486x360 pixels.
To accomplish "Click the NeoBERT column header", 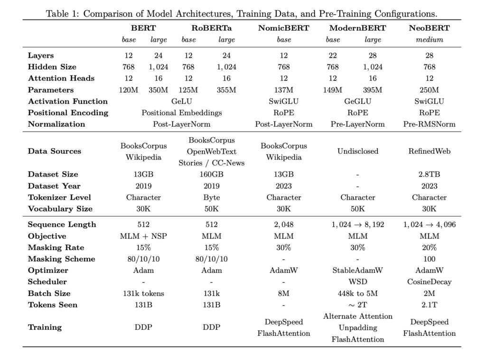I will pos(429,28).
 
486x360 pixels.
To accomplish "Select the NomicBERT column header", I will pos(283,28).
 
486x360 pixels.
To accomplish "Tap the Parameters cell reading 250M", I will pos(429,90).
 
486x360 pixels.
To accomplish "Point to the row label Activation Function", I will pos(68,101).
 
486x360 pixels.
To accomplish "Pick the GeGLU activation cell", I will pos(358,101).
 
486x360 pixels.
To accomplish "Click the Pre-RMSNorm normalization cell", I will pos(429,124).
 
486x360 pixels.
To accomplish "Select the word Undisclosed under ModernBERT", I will pos(358,151).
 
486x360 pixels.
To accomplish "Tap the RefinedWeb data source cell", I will pos(429,151).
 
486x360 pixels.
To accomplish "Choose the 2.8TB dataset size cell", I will pos(429,175).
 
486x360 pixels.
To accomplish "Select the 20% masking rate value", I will pos(429,247).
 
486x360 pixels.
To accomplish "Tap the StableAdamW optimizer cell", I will pos(358,270).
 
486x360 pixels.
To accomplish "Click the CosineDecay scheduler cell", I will pos(429,282).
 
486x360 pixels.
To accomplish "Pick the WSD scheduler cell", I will pos(358,282).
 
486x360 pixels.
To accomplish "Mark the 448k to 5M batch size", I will pos(358,293).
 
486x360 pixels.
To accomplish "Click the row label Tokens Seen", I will pos(52,305).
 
